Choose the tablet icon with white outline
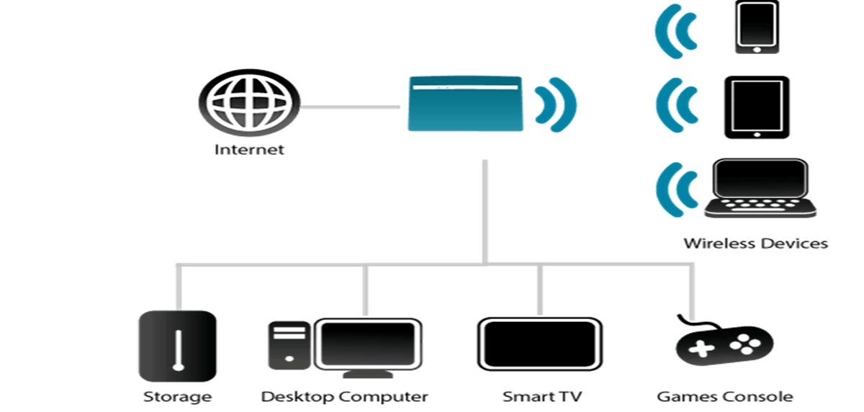click(756, 105)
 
